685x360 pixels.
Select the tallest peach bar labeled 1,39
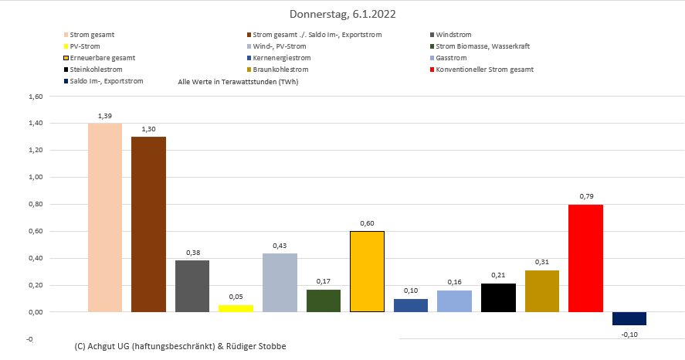point(105,217)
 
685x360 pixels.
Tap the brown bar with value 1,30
point(148,224)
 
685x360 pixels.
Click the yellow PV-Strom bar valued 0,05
point(236,308)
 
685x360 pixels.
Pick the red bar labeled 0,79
point(585,258)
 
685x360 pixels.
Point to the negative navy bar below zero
point(629,318)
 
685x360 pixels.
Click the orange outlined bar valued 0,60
point(367,271)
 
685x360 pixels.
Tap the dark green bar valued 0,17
point(324,301)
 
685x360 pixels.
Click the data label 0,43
point(280,246)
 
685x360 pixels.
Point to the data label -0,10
point(629,334)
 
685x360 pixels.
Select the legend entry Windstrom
point(453,35)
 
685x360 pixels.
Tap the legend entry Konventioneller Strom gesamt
point(484,70)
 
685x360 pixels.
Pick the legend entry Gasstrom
point(451,58)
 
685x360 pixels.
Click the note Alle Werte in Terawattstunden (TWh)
point(238,81)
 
